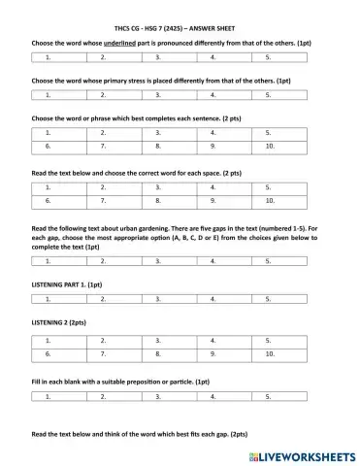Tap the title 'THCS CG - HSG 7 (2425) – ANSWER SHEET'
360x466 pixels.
click(180, 29)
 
